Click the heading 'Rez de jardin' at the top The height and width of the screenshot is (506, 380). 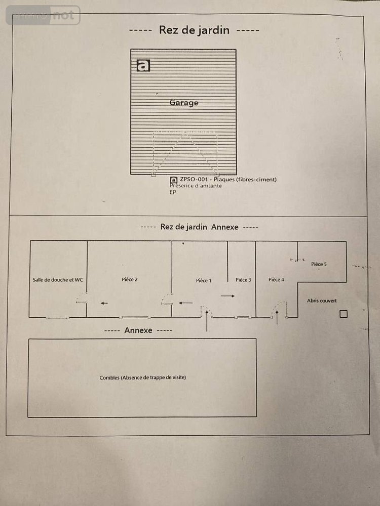[194, 30]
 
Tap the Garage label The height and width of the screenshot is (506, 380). [184, 103]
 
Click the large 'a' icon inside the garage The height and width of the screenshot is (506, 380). [143, 65]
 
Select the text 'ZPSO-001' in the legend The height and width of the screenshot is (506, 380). [194, 179]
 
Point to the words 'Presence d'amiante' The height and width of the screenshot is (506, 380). [196, 186]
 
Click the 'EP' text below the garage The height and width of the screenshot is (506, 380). [173, 192]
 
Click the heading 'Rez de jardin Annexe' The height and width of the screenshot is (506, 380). [199, 227]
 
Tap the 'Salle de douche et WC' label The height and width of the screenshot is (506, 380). [58, 280]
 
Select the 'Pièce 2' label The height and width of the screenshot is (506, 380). [130, 279]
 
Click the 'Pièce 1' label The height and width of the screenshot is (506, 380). [204, 280]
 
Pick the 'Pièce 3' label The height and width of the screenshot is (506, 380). [243, 280]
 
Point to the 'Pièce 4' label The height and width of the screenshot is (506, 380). [276, 279]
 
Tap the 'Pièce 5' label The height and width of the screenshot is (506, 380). [319, 264]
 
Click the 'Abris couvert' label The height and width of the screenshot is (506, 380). [322, 301]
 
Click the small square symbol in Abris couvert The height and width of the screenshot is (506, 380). [344, 314]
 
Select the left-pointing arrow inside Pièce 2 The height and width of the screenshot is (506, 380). [104, 303]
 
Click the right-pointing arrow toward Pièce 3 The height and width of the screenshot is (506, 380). [228, 296]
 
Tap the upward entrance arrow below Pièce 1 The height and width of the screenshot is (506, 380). [207, 321]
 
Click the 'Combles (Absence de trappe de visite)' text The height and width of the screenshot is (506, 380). [143, 377]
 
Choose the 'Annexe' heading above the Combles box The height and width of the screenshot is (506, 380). [138, 330]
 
